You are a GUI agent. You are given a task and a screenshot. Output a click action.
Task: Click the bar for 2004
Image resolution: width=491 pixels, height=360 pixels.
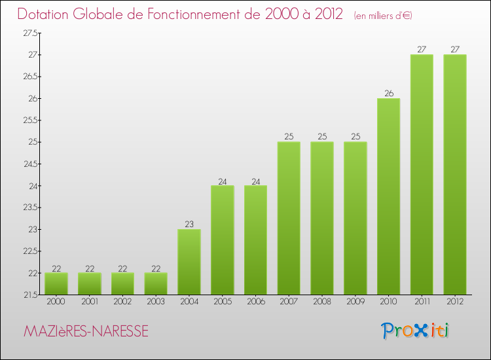(189, 262)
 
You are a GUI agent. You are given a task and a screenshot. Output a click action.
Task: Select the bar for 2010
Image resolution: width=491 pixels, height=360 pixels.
(388, 196)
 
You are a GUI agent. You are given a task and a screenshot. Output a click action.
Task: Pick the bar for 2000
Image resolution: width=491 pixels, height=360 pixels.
(56, 283)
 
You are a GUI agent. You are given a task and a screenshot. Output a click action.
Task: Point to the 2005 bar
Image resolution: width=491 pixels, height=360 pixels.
(223, 240)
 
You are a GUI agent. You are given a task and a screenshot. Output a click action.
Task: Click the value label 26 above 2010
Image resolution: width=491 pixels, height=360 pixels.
(388, 93)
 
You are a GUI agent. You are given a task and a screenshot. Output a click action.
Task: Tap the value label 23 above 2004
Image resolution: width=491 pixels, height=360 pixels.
(189, 224)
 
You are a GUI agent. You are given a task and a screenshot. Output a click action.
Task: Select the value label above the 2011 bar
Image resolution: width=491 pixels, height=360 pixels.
(422, 49)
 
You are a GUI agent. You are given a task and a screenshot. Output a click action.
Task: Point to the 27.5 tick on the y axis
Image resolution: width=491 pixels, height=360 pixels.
(29, 33)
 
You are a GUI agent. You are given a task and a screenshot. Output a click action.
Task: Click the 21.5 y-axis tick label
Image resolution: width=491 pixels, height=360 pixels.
(29, 295)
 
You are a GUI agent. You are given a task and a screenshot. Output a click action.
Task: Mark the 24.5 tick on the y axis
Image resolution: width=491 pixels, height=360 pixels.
(29, 164)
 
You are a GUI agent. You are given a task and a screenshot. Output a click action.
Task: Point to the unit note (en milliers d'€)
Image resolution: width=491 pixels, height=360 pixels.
(383, 16)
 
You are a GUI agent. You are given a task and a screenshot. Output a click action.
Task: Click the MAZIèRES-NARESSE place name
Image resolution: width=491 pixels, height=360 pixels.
(86, 332)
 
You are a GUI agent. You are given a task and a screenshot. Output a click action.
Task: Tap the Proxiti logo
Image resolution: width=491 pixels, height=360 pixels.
(414, 331)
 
